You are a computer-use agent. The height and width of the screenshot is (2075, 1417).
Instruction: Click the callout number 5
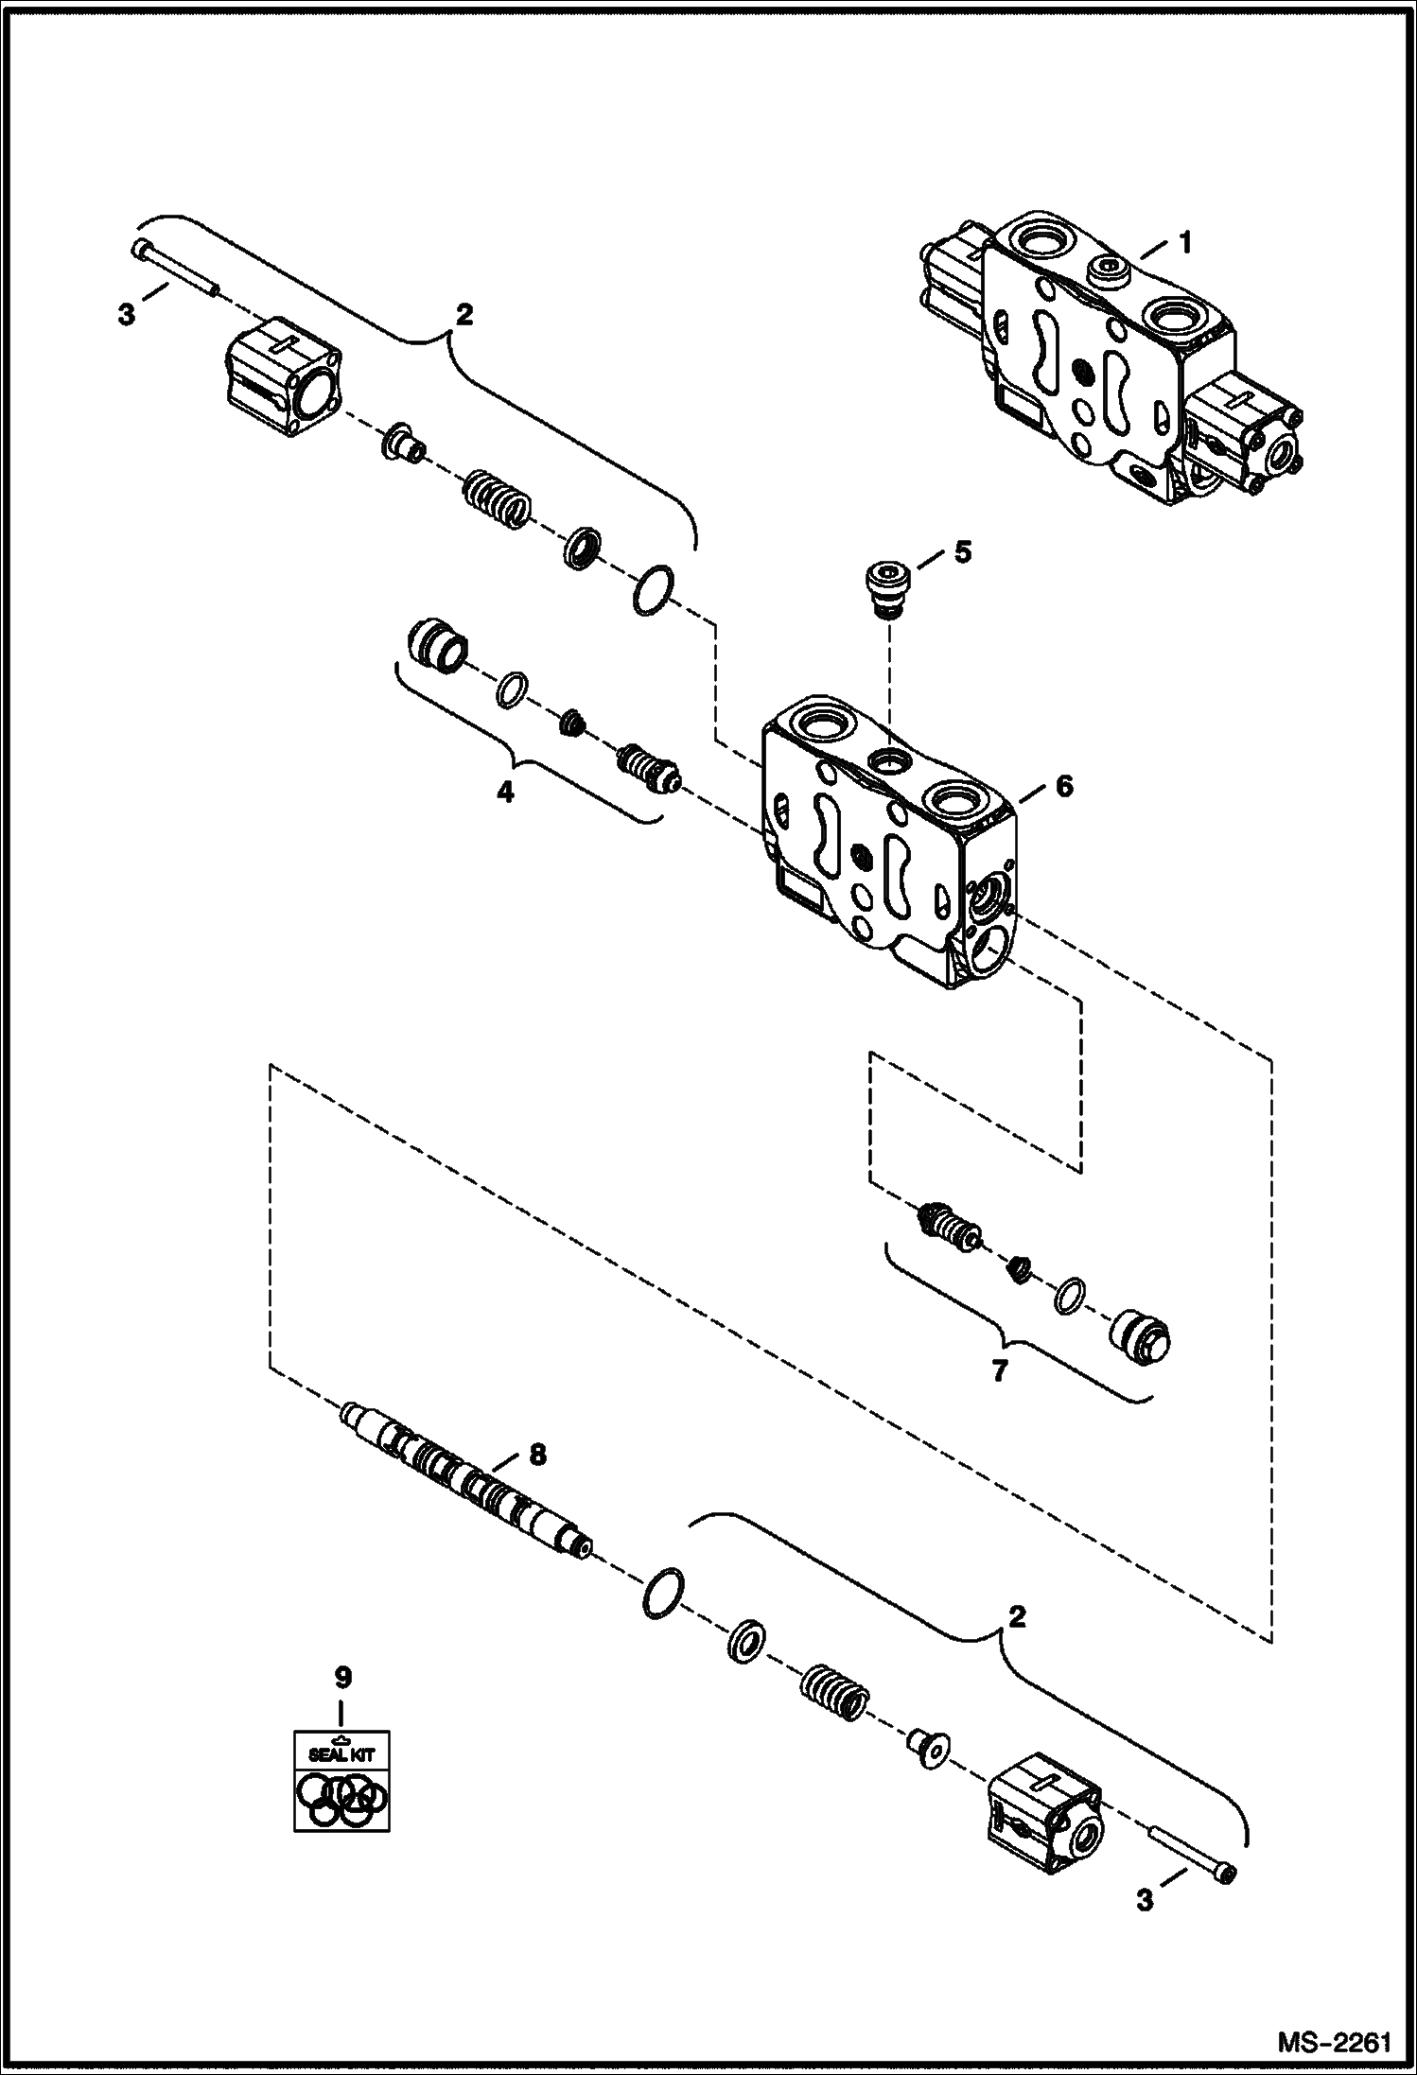(x=962, y=552)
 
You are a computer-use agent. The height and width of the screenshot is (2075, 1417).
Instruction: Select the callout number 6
(x=1064, y=786)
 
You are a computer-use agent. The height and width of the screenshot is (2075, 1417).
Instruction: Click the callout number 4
(x=506, y=793)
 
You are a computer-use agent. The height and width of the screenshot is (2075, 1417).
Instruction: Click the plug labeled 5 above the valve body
(x=887, y=586)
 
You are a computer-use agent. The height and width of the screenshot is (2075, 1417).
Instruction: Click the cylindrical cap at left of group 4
(x=437, y=647)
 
